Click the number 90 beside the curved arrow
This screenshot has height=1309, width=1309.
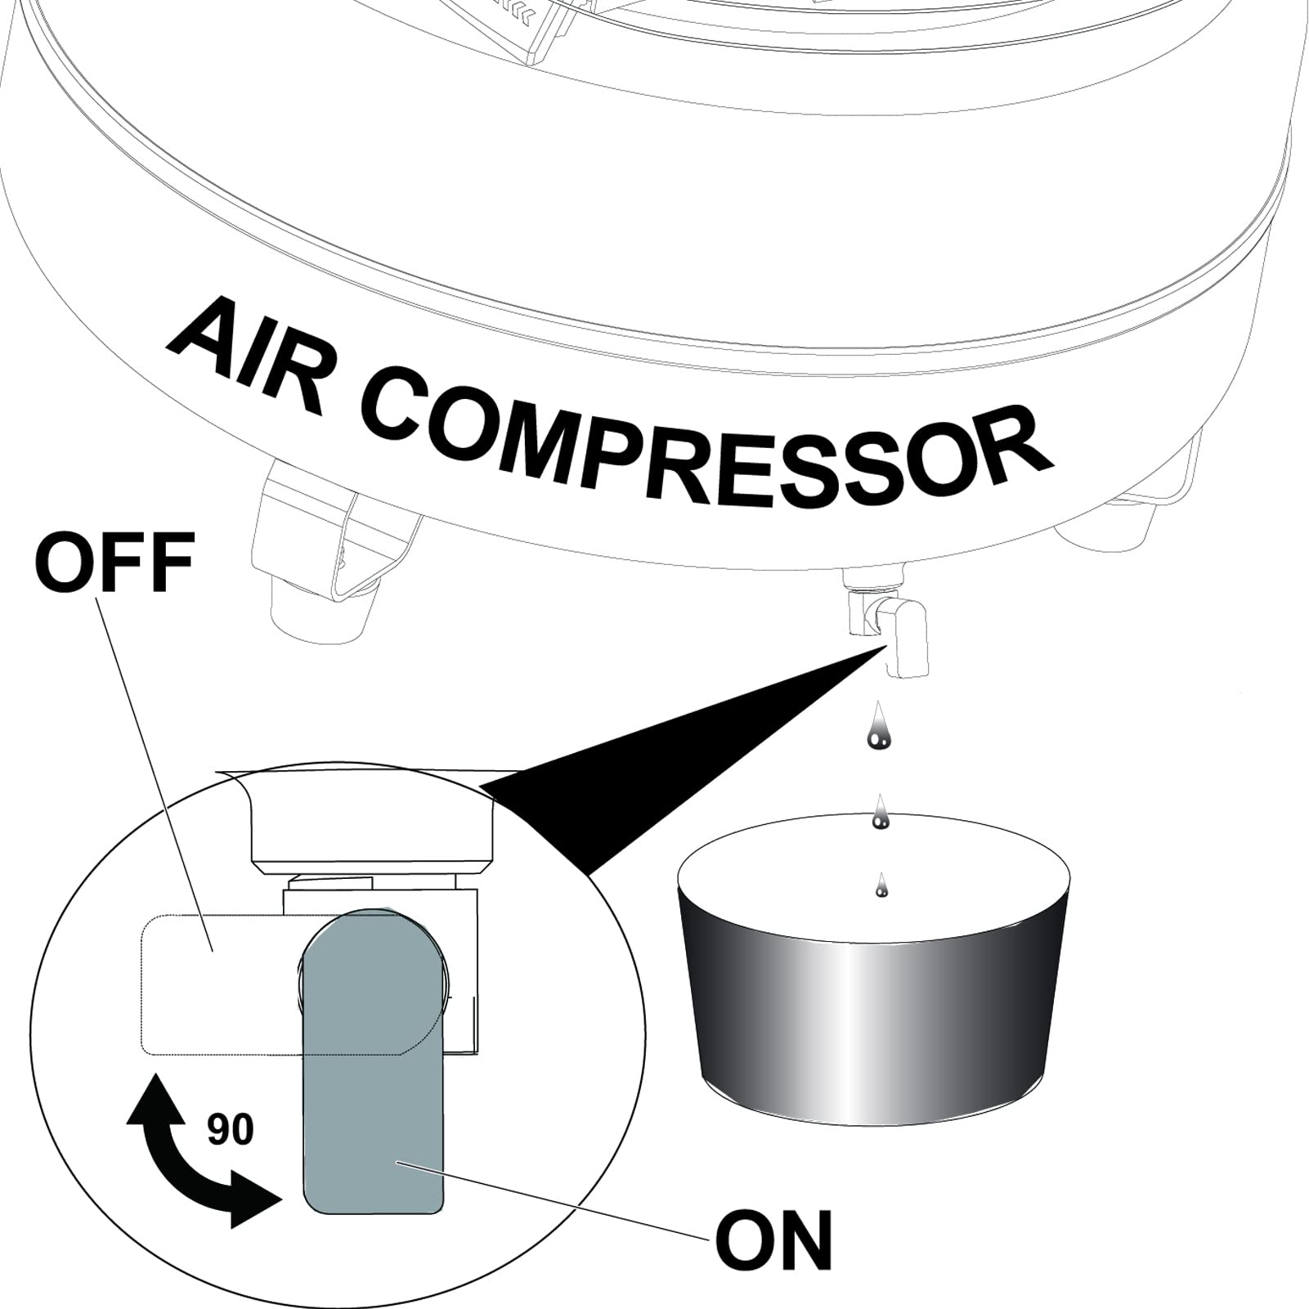(x=231, y=1130)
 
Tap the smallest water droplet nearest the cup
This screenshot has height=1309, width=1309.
(x=881, y=886)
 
